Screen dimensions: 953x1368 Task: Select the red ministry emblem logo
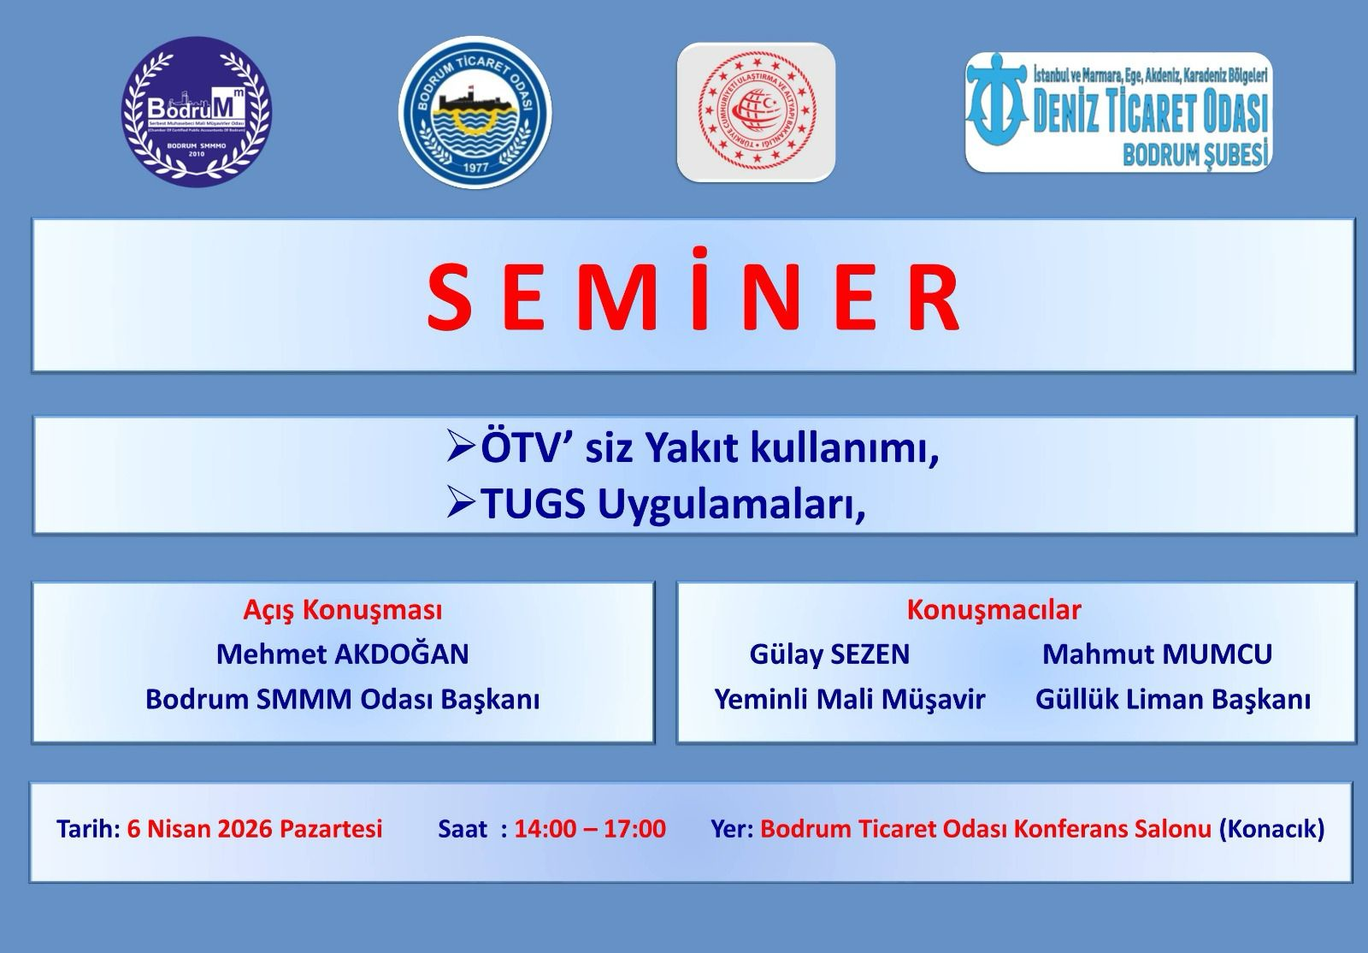[x=756, y=112]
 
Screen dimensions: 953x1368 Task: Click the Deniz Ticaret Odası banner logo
[x=1118, y=112]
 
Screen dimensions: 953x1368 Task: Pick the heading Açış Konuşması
[x=343, y=610]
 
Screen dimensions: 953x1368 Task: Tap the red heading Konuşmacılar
[x=994, y=610]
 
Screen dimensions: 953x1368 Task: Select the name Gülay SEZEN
[x=829, y=654]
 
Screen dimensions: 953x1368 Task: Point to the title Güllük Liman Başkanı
[x=1173, y=700]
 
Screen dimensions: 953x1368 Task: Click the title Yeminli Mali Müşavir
[x=850, y=700]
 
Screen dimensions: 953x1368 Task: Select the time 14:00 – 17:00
[x=590, y=829]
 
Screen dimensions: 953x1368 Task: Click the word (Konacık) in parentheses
[x=1271, y=829]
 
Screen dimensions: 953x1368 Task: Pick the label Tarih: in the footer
[x=88, y=829]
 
